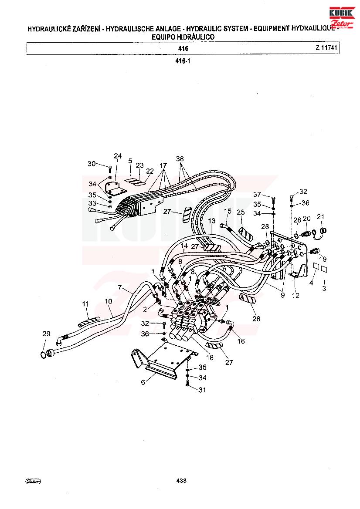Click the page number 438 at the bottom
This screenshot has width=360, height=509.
(181, 481)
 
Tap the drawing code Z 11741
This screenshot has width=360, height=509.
(326, 48)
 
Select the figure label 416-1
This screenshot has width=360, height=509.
(183, 61)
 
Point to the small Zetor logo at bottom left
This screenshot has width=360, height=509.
(33, 482)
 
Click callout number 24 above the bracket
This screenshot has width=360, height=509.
(118, 156)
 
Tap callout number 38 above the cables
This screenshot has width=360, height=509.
(180, 159)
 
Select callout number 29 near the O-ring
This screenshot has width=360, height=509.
(47, 334)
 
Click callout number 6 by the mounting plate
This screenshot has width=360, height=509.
(143, 382)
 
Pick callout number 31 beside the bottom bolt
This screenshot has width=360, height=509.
(202, 390)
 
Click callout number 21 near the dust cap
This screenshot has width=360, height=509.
(321, 216)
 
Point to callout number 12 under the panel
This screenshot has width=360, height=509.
(295, 295)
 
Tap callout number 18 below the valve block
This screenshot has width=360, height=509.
(210, 357)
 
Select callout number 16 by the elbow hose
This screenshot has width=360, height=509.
(241, 341)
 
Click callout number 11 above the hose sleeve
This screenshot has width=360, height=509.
(85, 304)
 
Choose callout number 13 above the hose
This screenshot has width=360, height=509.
(212, 221)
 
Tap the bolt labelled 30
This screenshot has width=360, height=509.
(109, 169)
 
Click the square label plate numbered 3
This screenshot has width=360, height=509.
(324, 270)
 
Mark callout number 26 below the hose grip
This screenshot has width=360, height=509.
(256, 319)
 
